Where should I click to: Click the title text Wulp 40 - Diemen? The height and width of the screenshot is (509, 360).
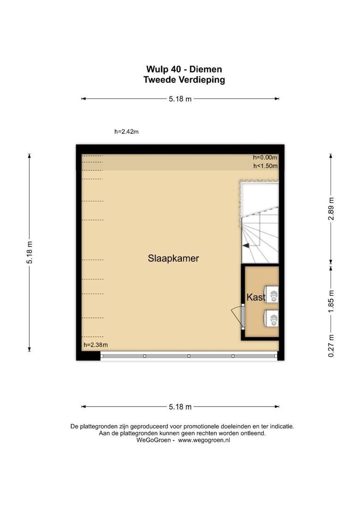(184, 70)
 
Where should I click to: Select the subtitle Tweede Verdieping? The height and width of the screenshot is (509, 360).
(184, 80)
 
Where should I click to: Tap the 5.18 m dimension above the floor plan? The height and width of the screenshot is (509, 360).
(180, 99)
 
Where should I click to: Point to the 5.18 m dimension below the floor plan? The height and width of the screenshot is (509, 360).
(180, 407)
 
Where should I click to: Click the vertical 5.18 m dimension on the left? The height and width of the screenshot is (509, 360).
(29, 252)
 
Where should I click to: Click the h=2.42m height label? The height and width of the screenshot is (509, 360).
(126, 132)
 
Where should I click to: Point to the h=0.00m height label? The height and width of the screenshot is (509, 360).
(265, 158)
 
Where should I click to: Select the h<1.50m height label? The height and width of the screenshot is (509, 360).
(265, 166)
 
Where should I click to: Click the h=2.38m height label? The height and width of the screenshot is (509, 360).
(95, 345)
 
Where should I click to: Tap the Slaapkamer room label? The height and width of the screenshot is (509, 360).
(173, 258)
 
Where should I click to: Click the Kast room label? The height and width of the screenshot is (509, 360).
(256, 297)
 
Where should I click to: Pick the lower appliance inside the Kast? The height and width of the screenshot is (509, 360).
(272, 319)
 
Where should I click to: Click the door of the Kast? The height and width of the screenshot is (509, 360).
(238, 316)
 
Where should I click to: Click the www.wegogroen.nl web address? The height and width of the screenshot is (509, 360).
(204, 440)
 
